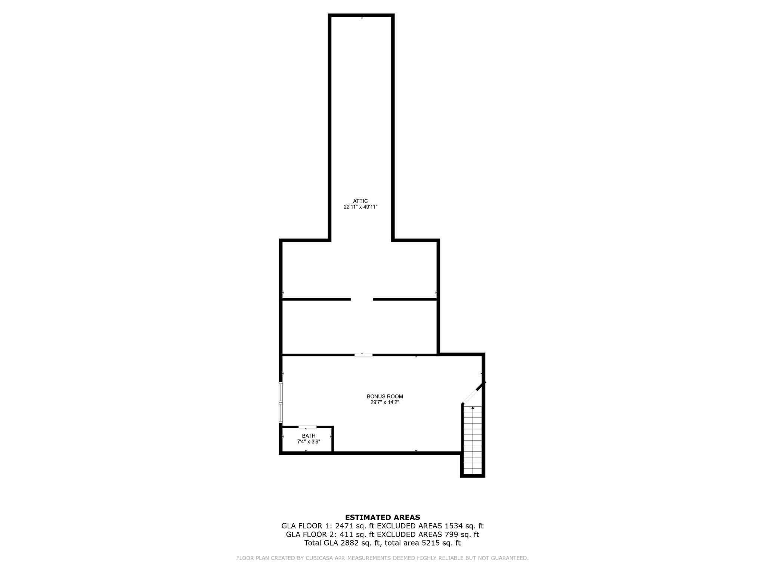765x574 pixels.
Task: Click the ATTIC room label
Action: tap(360, 201)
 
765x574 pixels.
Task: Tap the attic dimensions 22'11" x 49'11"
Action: tap(360, 207)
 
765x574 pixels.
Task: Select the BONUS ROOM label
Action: tap(385, 396)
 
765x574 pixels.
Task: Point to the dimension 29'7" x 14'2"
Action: tap(385, 402)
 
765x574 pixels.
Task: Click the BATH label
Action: tap(309, 436)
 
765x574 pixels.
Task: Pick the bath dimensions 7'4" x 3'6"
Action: tap(309, 442)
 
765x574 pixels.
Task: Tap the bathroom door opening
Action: tap(307, 427)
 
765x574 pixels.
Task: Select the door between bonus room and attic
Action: tap(363, 355)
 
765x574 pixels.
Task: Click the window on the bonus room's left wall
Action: tap(281, 402)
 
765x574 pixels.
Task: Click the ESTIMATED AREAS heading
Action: tap(382, 518)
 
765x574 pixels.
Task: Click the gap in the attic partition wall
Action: tap(362, 299)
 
